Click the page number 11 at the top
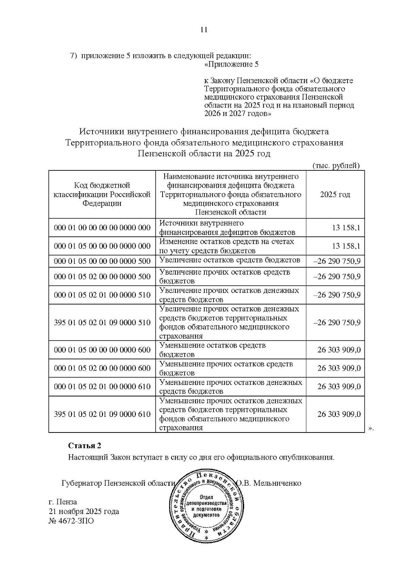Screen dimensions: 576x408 click(204, 30)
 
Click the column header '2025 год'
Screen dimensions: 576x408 click(335, 194)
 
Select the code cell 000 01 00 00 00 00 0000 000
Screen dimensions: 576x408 click(102, 228)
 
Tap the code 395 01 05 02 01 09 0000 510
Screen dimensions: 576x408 click(102, 322)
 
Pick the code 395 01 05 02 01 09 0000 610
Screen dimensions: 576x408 click(102, 414)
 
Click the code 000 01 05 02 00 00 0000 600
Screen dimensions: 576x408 click(102, 368)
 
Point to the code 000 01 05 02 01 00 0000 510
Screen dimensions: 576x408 click(102, 295)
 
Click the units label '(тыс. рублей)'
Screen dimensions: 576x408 click(336, 165)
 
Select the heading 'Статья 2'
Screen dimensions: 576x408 click(85, 446)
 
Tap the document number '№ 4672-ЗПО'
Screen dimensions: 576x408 click(71, 521)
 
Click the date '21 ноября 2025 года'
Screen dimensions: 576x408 click(84, 511)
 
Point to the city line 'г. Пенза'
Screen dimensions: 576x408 click(63, 502)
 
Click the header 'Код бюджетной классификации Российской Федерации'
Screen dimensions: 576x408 click(102, 194)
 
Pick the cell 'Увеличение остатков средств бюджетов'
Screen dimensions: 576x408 click(230, 260)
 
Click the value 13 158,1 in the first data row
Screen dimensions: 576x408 click(346, 228)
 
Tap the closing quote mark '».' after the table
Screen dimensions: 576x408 click(371, 429)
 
